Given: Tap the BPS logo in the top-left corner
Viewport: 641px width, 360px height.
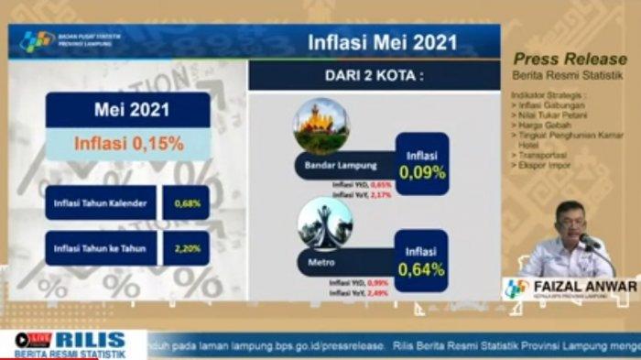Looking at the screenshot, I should pyautogui.click(x=38, y=41).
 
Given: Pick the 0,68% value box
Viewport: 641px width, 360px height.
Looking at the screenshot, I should pyautogui.click(x=186, y=202).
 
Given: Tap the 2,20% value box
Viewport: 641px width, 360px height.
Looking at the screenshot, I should pyautogui.click(x=186, y=247).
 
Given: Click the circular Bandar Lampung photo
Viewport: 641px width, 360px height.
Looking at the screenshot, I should pyautogui.click(x=320, y=125).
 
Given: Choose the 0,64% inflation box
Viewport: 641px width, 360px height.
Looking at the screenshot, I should pyautogui.click(x=422, y=259).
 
